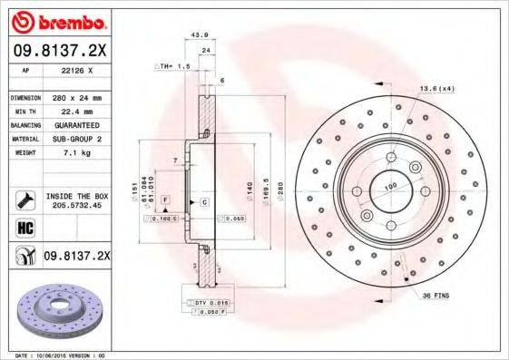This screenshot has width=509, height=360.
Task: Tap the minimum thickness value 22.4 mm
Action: [x=73, y=111]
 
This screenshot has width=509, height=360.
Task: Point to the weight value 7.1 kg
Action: [x=73, y=152]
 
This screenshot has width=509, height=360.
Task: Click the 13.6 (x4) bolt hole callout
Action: [x=435, y=88]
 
